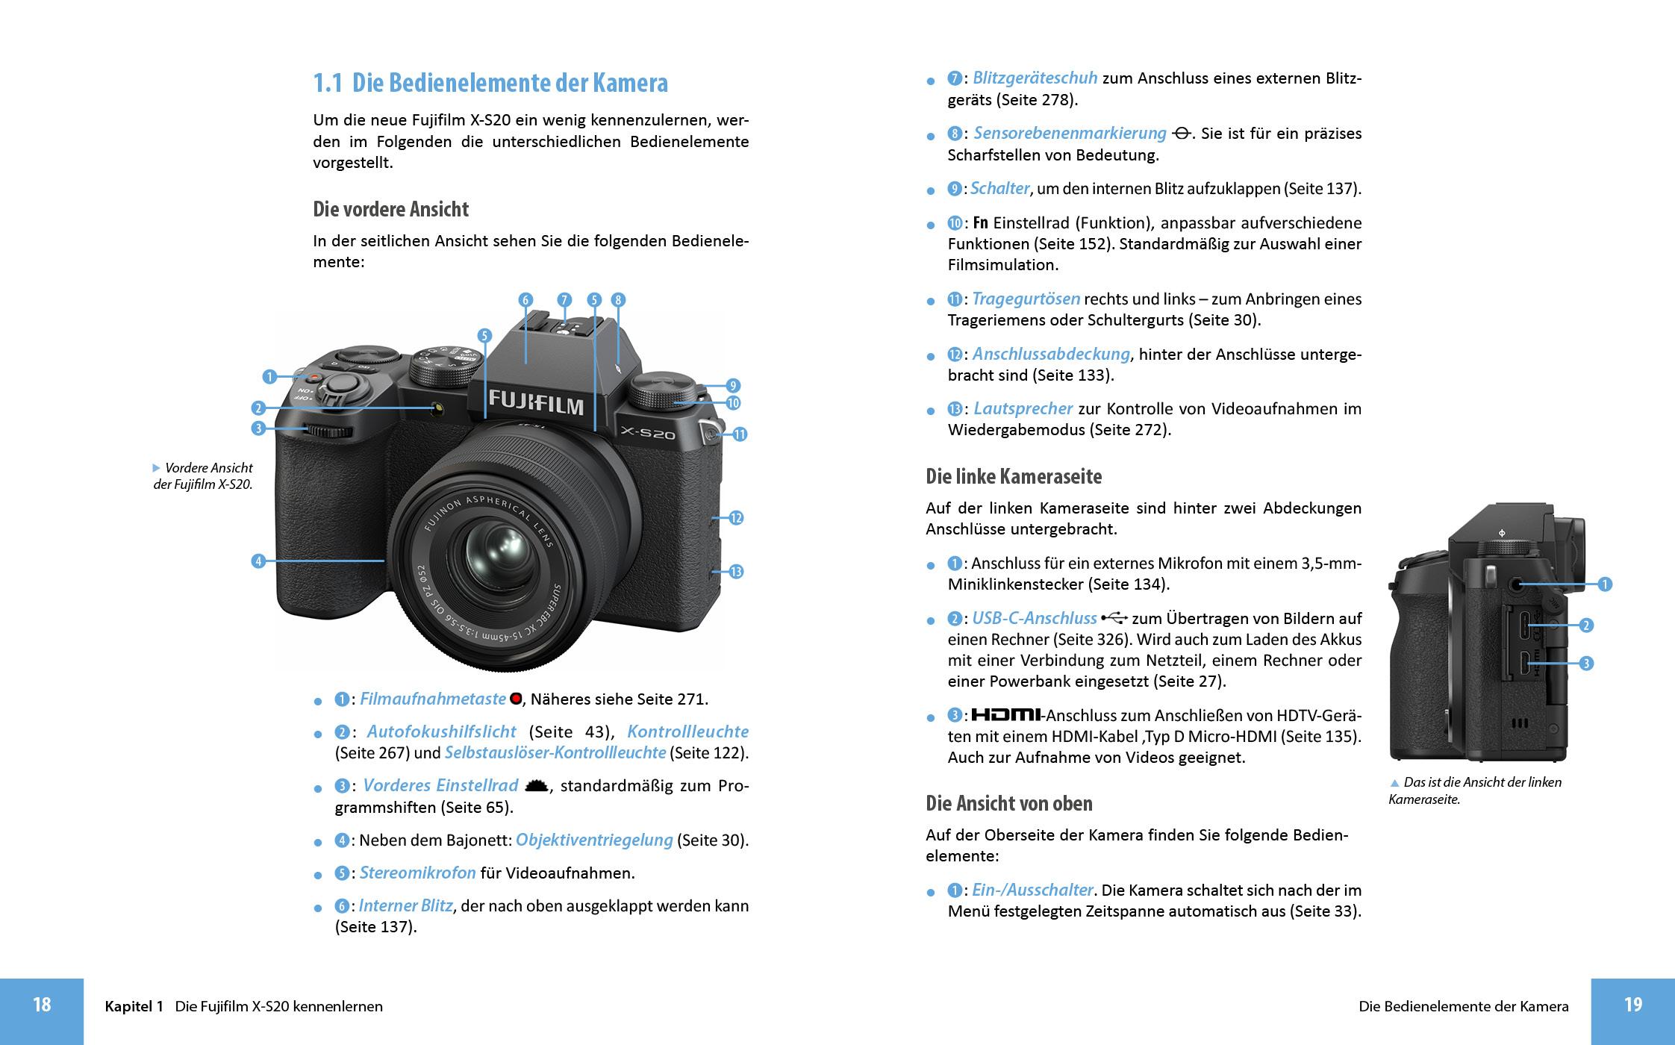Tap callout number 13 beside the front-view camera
[736, 572]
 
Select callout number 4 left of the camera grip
[258, 561]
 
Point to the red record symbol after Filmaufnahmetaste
[515, 699]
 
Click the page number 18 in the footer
[42, 1005]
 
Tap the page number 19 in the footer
[1632, 1005]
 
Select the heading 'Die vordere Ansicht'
[390, 209]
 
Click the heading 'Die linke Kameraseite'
[1013, 476]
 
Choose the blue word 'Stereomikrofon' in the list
[417, 873]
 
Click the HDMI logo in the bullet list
[1005, 715]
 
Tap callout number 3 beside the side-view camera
[1587, 663]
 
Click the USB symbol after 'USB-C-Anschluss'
[1114, 618]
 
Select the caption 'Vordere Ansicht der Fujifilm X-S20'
[203, 476]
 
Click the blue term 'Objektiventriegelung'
[594, 840]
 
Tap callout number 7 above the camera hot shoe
[564, 300]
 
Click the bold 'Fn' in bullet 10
[980, 222]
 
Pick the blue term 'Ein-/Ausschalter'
[1032, 890]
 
